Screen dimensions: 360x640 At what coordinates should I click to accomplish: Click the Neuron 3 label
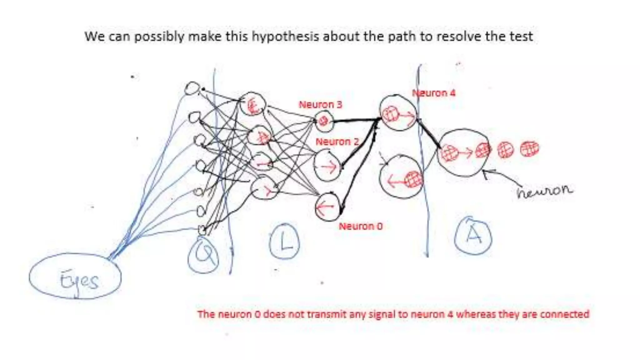[320, 105]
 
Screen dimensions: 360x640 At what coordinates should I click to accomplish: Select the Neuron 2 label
[337, 142]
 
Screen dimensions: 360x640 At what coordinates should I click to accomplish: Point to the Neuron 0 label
[361, 226]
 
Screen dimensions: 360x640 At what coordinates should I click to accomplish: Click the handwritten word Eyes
[79, 281]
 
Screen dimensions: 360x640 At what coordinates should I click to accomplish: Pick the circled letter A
[473, 236]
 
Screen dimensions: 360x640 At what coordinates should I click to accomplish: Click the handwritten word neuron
[544, 191]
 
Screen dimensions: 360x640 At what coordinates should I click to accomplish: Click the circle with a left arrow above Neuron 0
[327, 207]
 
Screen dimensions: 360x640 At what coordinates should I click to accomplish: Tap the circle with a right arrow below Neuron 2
[327, 166]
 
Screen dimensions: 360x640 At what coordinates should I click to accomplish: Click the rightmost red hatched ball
[529, 149]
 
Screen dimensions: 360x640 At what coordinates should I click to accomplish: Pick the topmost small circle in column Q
[192, 88]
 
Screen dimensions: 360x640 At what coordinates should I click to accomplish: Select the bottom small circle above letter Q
[202, 230]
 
